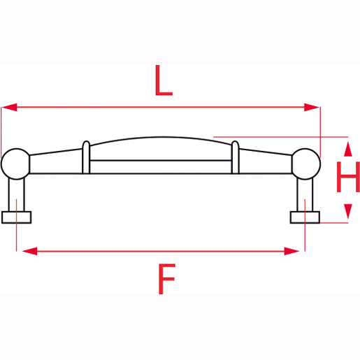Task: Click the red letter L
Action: pyautogui.click(x=162, y=81)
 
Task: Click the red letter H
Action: pyautogui.click(x=347, y=179)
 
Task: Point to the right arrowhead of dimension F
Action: pyautogui.click(x=297, y=250)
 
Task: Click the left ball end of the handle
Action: pyautogui.click(x=15, y=164)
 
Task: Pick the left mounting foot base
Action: pyautogui.click(x=17, y=217)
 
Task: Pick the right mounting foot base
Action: pyautogui.click(x=305, y=217)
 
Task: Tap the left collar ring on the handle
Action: pyautogui.click(x=86, y=157)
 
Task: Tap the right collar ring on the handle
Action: pyautogui.click(x=236, y=157)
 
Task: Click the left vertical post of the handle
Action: pyautogui.click(x=17, y=194)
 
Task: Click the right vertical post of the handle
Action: pyautogui.click(x=305, y=194)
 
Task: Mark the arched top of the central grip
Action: pyautogui.click(x=161, y=138)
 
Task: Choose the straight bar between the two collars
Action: pyautogui.click(x=161, y=166)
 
